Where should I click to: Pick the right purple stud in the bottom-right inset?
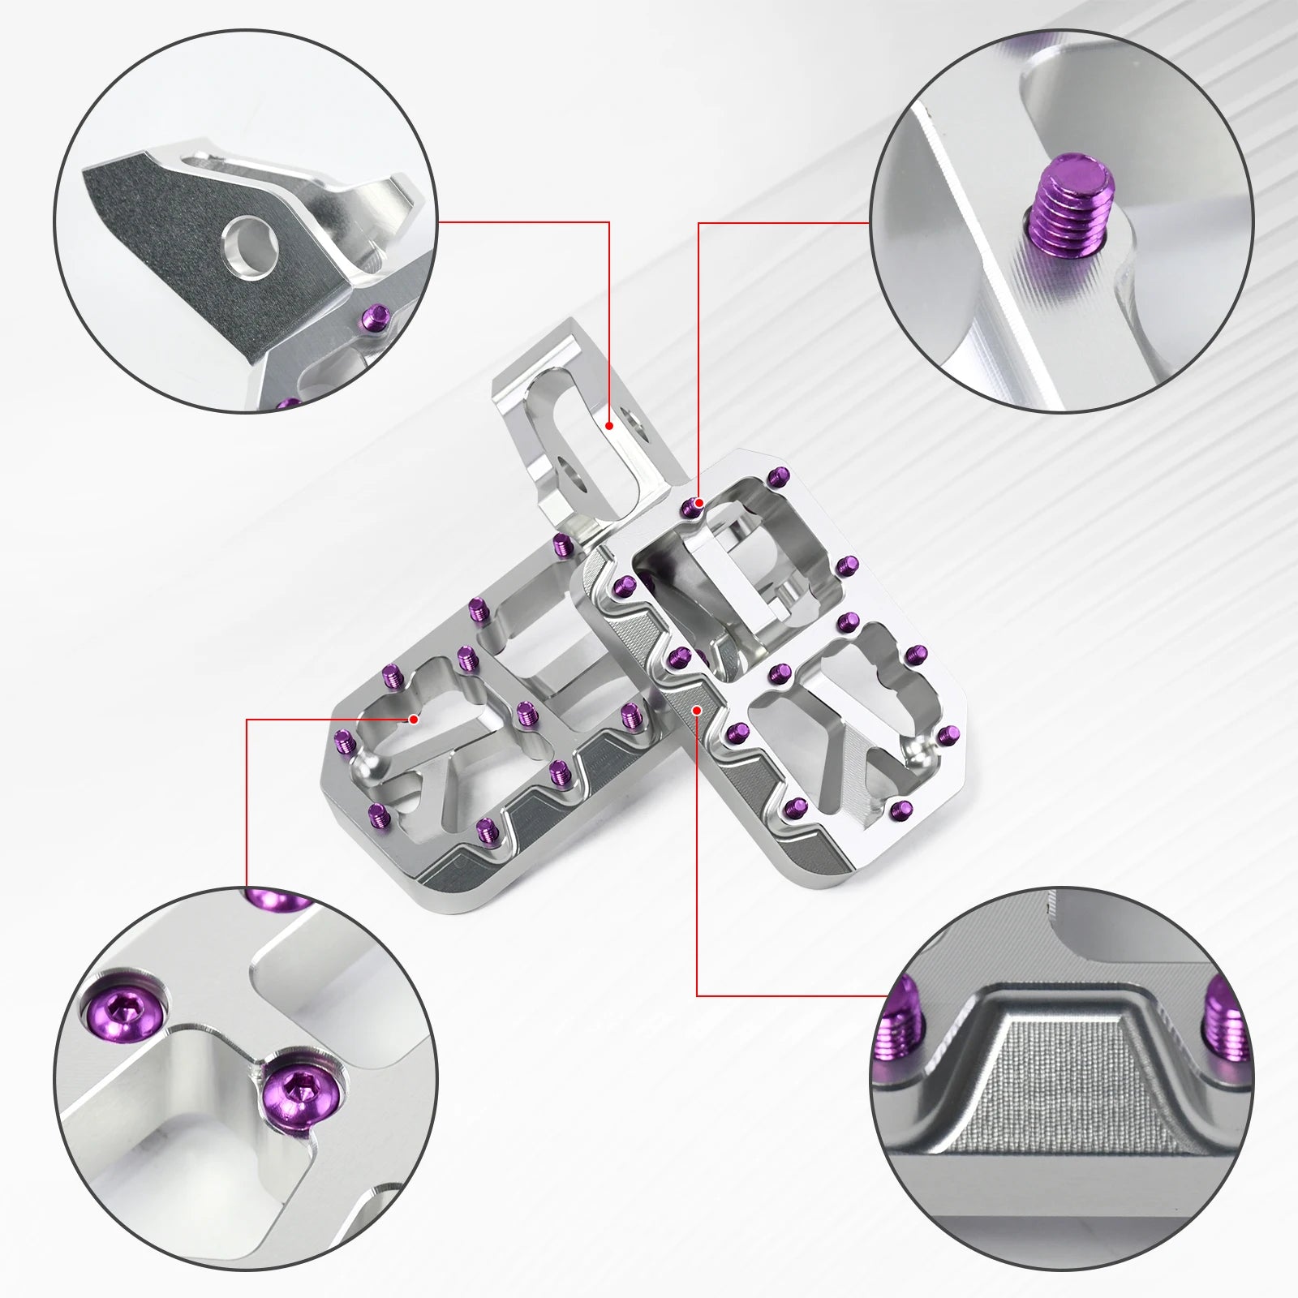pos(1226,1026)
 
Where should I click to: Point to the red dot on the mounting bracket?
pos(608,424)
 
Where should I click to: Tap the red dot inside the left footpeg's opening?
pos(414,719)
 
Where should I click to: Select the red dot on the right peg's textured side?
pos(697,709)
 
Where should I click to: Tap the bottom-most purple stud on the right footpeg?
pos(900,808)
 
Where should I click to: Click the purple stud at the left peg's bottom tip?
pos(486,827)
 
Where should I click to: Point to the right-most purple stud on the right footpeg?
pos(946,735)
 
